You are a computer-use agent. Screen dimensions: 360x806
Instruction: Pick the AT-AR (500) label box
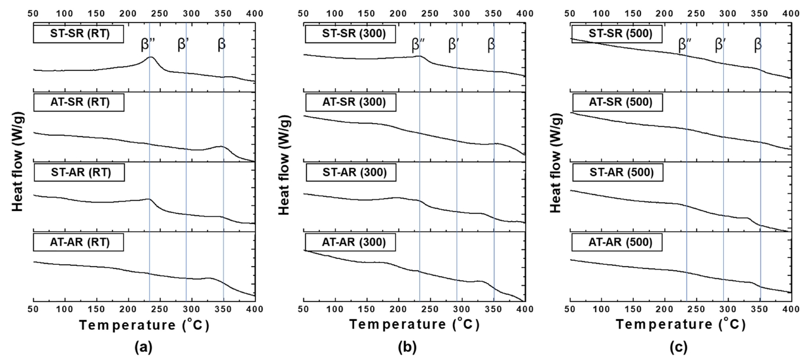point(617,242)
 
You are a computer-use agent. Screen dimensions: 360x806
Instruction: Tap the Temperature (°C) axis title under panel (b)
point(414,325)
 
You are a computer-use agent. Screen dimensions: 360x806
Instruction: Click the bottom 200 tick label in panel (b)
point(399,309)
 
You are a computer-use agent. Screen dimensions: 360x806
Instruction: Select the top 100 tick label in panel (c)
point(603,12)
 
